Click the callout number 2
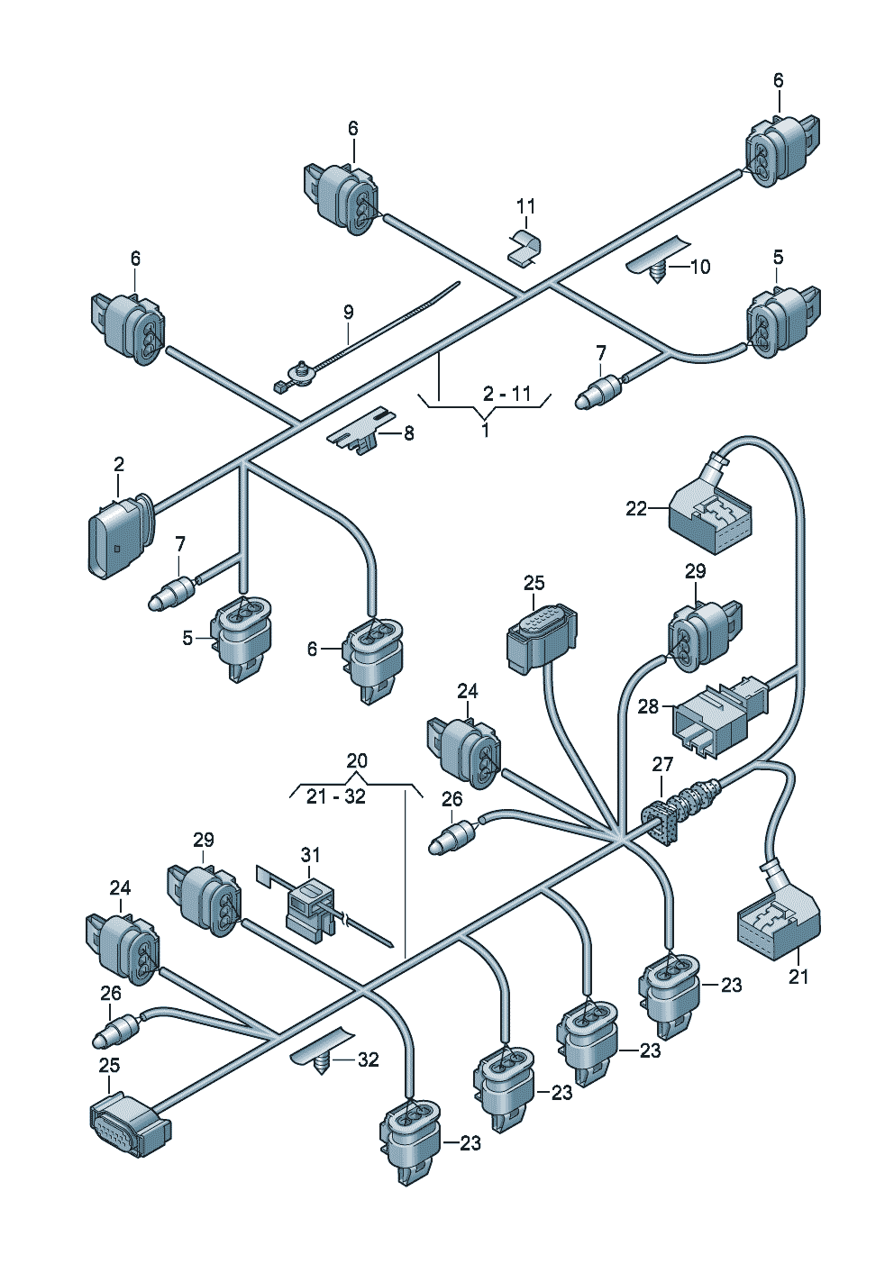(119, 464)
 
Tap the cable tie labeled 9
(367, 338)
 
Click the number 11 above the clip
(525, 206)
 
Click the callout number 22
(636, 508)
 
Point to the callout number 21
(798, 976)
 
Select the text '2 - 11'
(506, 394)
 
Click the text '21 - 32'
(336, 796)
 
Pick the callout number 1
(485, 431)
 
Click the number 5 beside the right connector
(779, 258)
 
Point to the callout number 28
(649, 706)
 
